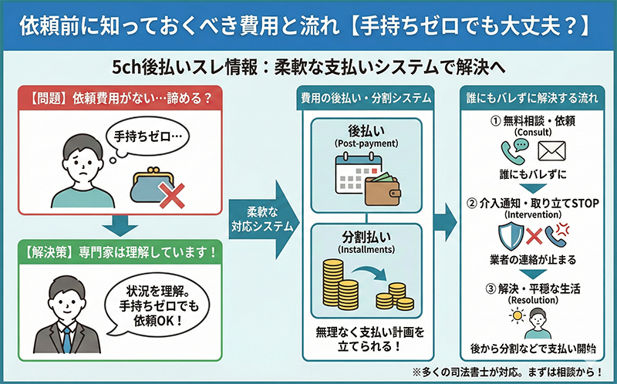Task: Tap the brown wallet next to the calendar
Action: (383, 187)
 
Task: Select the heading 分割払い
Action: (363, 234)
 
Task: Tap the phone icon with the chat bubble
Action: (514, 150)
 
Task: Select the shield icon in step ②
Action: (514, 234)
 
